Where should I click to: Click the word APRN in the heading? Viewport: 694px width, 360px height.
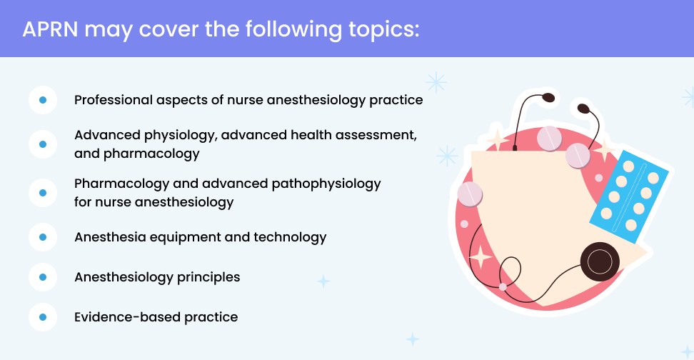pyautogui.click(x=51, y=29)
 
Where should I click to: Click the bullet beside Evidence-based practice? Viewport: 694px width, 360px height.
pyautogui.click(x=43, y=317)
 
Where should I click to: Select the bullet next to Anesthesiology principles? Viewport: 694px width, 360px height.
pyautogui.click(x=43, y=277)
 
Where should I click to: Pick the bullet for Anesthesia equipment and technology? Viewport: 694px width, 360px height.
pyautogui.click(x=43, y=237)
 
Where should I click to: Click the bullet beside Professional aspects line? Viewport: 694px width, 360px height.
pyautogui.click(x=43, y=100)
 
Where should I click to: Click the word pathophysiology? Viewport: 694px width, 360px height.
pyautogui.click(x=326, y=184)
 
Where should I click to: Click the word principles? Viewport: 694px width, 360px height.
pyautogui.click(x=208, y=278)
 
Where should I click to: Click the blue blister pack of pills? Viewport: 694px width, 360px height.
pyautogui.click(x=630, y=196)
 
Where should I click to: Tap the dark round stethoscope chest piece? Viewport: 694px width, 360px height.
pyautogui.click(x=600, y=261)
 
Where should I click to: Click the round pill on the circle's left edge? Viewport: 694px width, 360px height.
pyautogui.click(x=470, y=194)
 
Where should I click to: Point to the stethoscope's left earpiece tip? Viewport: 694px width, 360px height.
pyautogui.click(x=548, y=97)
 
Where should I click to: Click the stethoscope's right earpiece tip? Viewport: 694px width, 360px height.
pyautogui.click(x=583, y=108)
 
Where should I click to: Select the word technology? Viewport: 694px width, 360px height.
pyautogui.click(x=290, y=238)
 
